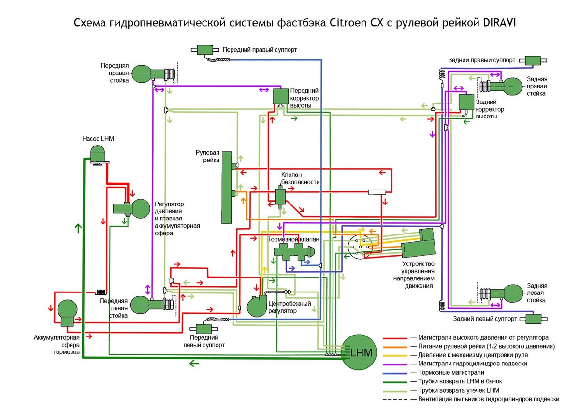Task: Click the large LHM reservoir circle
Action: coord(359,352)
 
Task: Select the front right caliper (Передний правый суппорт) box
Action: coord(205,50)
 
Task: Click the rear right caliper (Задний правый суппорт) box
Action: coord(533,60)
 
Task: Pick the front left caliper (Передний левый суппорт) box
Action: coord(204,329)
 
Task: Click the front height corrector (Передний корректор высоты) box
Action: coord(281,96)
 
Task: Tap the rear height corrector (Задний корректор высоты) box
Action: coord(466,102)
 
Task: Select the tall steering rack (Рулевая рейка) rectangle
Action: coord(227,187)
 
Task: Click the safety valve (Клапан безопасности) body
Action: coord(280,197)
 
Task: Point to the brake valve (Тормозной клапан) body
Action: coord(294,251)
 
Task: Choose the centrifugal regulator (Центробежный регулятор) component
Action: coord(257,306)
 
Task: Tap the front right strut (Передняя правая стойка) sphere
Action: coord(141,74)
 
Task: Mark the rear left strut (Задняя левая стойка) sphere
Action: coord(513,293)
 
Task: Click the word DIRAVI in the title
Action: coord(499,23)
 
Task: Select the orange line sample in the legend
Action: coord(395,347)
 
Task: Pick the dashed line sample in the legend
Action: coord(395,400)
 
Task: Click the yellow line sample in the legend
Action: coord(395,356)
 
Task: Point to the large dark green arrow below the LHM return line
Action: coord(194,363)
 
